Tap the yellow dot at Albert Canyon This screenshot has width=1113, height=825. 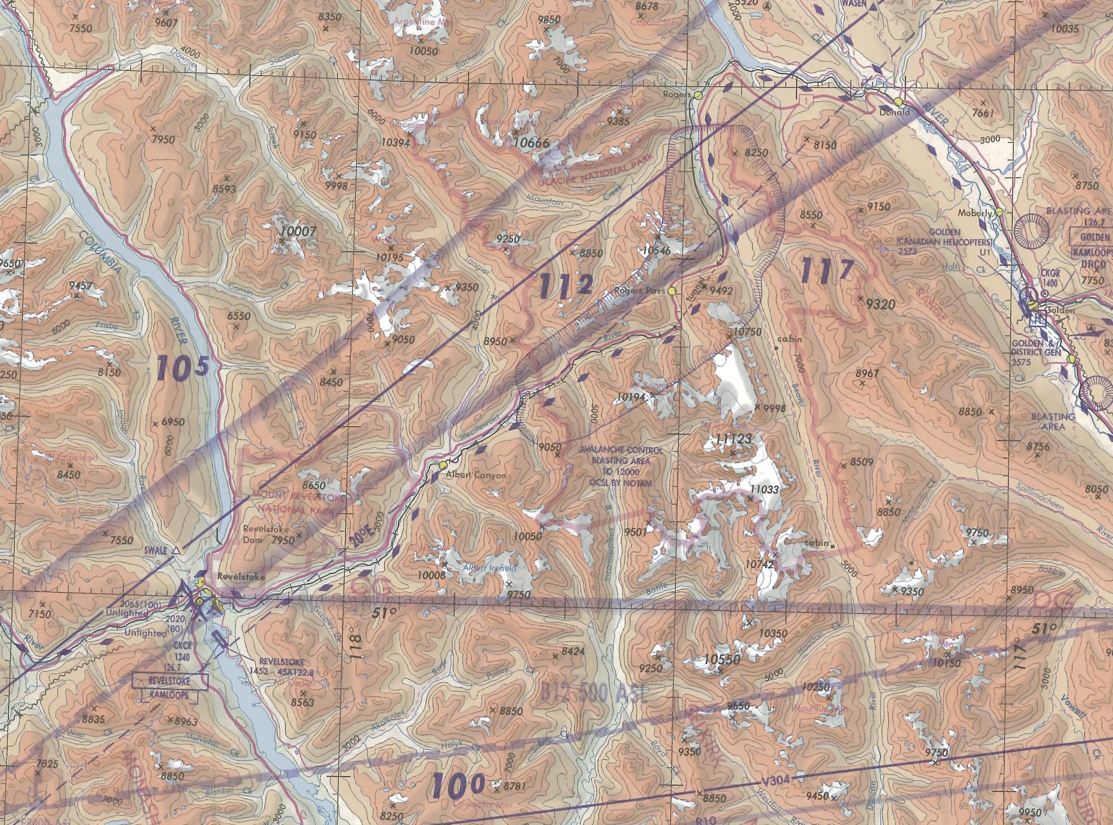coord(442,465)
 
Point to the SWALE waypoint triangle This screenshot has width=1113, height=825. coord(176,551)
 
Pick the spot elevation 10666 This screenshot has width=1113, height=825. coord(530,144)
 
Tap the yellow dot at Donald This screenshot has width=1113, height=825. coord(898,102)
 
